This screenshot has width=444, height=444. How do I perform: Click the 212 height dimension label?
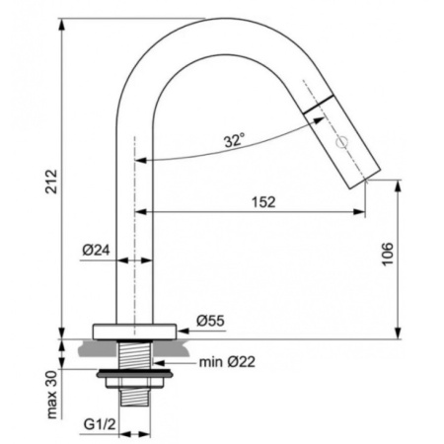pos(51,182)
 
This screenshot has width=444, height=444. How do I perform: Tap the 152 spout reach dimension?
pos(263,202)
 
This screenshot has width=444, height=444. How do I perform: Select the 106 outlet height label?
pos(388,254)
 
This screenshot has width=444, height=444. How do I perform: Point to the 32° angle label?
pos(235,140)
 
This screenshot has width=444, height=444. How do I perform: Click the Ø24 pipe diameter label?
pos(96,251)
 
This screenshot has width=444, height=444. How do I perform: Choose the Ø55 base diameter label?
pos(210,321)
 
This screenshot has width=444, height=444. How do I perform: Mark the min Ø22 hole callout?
pos(227,362)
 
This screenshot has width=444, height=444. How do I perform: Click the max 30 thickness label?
pos(52,395)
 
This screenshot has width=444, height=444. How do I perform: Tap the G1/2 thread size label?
pos(100,424)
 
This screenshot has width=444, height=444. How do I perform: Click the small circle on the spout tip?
pos(341,143)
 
